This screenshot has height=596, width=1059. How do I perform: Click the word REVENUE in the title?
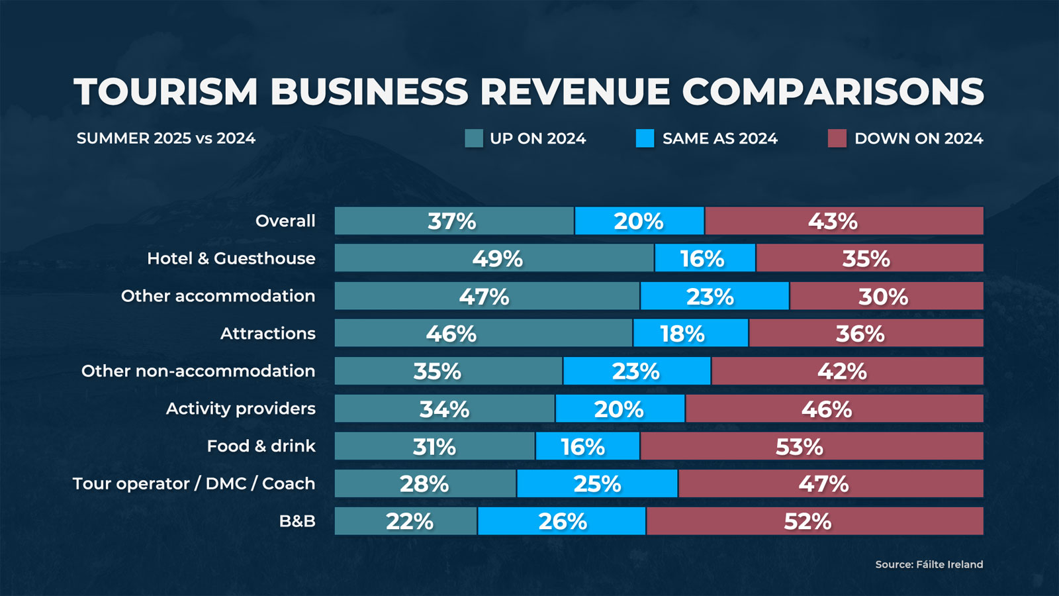575,91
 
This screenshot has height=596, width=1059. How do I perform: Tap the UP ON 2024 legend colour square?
474,138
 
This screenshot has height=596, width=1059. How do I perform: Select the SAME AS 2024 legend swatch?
645,138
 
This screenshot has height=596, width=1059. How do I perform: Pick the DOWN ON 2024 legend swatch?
837,138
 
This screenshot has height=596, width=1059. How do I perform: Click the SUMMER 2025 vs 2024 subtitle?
165,138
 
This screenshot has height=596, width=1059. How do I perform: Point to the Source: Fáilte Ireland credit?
929,564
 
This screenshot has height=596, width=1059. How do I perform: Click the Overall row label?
285,221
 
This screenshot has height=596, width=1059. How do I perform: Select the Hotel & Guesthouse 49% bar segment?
494,258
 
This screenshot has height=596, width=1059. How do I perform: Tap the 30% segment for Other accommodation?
886,296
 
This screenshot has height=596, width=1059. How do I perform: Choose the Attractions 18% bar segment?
690,333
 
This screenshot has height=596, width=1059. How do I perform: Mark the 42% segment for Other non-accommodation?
847,371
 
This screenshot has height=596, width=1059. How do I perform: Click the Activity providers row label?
240,409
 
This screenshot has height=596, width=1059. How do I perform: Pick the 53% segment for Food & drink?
811,446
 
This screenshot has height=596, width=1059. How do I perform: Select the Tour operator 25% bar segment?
597,483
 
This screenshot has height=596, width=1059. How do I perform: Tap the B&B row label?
297,521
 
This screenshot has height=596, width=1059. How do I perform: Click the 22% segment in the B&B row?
406,521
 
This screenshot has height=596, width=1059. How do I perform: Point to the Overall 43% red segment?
844,221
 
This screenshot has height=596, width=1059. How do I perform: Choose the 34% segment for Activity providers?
444,409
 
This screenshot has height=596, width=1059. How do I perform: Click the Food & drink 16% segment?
587,446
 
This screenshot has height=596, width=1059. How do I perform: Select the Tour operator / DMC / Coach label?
194,483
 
